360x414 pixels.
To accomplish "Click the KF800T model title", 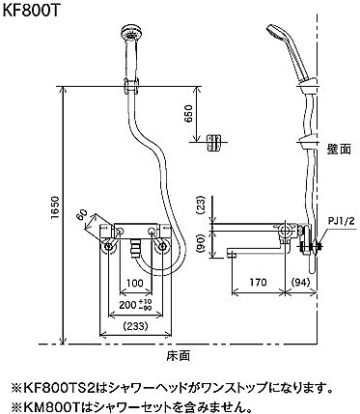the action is pos(31,11).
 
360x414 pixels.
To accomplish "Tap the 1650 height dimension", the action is pos(56,207).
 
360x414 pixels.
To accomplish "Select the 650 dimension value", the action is pos(189,114).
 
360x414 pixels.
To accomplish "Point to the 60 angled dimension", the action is pos(82,214).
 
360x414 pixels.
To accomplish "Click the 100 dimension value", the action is pos(135,284).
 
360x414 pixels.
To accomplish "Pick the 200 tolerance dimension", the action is pos(135,305).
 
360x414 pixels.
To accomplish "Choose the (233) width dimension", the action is pos(135,326).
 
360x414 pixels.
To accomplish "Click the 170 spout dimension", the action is pos(258,282).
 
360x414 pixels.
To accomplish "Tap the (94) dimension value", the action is pos(300,282).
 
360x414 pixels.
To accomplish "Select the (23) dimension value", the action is pos(200,206).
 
